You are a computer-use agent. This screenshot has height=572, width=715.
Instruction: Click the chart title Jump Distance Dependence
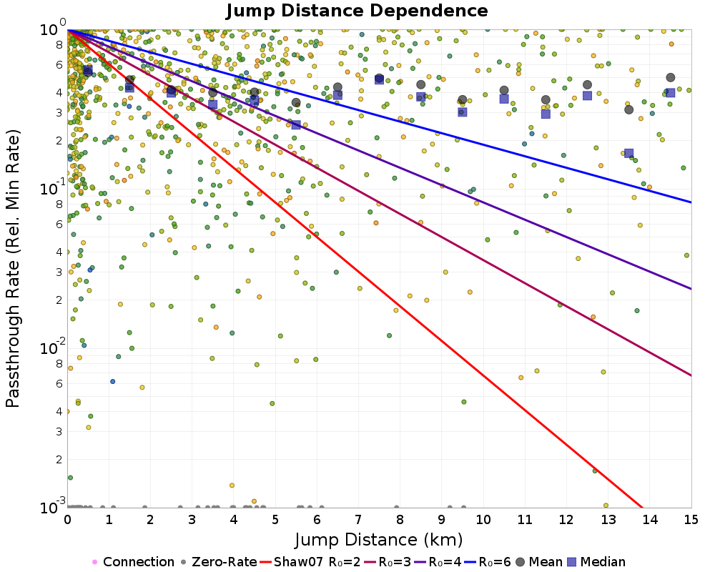357,11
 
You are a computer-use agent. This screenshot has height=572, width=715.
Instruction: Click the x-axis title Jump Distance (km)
379,539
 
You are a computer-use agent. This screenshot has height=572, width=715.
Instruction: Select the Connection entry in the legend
133,562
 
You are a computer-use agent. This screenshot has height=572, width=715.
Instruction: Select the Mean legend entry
538,562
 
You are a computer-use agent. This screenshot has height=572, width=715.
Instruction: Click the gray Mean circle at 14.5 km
671,77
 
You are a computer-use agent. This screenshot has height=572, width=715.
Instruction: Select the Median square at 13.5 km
629,154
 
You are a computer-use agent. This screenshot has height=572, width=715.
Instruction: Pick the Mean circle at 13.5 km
629,109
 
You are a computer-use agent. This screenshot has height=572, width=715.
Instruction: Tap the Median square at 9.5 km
463,112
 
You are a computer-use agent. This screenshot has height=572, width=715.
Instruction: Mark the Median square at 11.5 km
546,114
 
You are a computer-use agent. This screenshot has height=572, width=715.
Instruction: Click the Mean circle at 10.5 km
504,90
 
